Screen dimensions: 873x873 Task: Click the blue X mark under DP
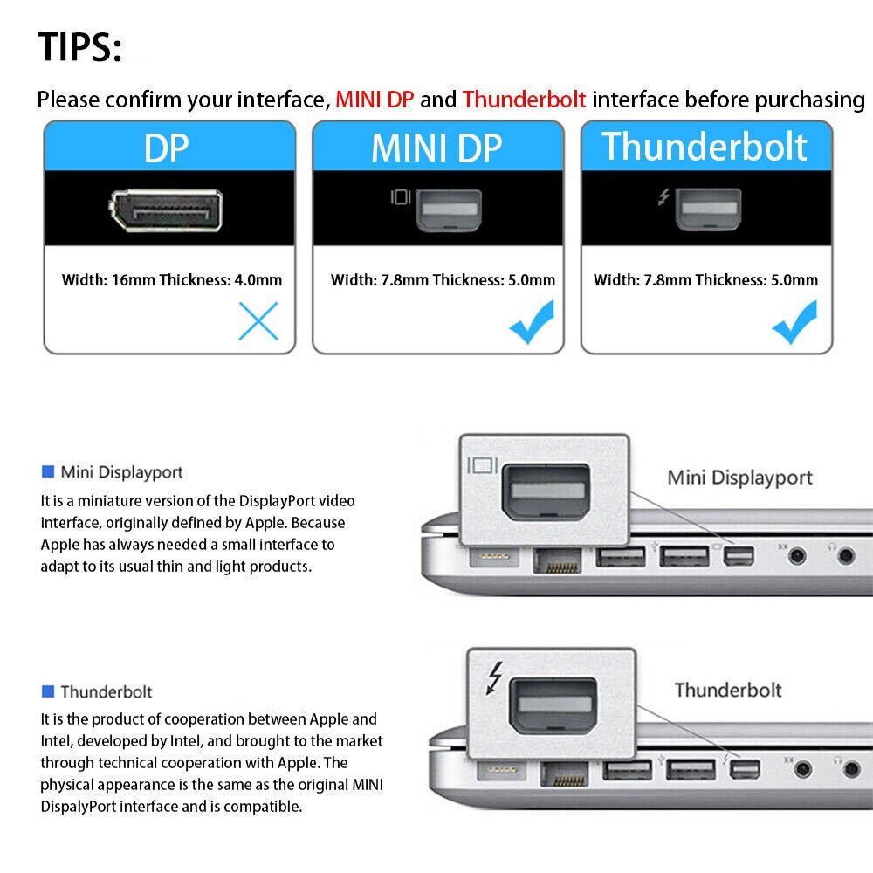coord(258,321)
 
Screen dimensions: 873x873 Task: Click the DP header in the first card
coord(167,148)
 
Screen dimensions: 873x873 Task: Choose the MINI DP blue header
coord(436,148)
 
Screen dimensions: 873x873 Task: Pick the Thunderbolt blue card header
coord(705,146)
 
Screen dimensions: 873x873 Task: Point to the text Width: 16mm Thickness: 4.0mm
coord(172,280)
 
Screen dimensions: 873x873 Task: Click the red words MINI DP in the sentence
coord(375,100)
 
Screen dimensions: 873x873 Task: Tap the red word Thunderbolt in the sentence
coord(524,100)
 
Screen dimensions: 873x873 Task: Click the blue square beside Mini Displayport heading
coord(48,472)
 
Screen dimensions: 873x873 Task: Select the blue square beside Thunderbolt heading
coord(48,691)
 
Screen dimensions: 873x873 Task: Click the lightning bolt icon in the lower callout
coord(495,677)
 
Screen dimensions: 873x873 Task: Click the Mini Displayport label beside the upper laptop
coord(739,478)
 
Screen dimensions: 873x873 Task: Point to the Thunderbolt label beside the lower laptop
coord(727,690)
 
